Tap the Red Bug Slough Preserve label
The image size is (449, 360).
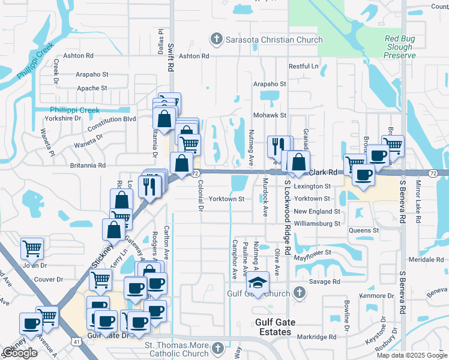click(399, 47)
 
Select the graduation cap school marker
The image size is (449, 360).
click(258, 281)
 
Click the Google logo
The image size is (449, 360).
click(20, 353)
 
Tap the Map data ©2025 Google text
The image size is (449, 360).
click(412, 355)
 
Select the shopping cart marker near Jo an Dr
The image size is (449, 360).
click(32, 247)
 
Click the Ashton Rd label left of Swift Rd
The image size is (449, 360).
click(81, 55)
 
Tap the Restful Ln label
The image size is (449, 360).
click(303, 66)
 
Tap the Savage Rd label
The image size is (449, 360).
click(324, 281)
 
